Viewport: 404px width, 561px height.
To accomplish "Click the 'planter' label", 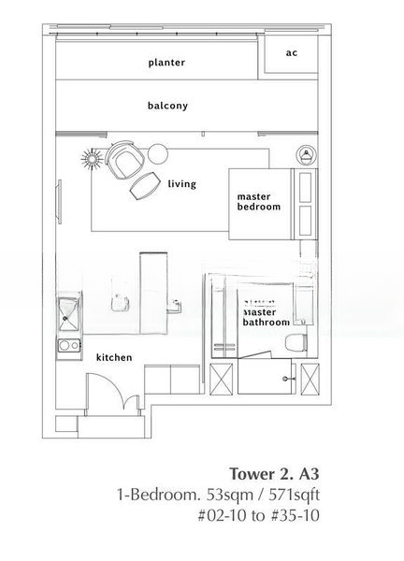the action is pos(166,63).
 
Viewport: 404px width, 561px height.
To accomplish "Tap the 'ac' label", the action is pos(292,53).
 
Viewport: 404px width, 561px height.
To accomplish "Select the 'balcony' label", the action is pos(167,106).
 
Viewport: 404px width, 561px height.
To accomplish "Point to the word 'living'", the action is pos(182,184).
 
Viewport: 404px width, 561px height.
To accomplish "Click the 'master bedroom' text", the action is pos(259,202).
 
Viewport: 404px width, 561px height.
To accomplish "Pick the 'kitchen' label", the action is pos(114,357).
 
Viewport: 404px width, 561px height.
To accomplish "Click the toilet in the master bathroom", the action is pos(296,343).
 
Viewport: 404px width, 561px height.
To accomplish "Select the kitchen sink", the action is pos(68,314).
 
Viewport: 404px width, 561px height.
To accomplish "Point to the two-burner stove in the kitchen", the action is pos(69,345).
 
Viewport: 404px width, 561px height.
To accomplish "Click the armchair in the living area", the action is pos(124,160).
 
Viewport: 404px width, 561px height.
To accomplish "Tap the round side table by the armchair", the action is pos(158,153).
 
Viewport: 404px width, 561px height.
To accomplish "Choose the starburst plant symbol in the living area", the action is pos(93,159).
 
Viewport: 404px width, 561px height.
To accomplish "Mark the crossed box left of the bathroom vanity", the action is pos(221,379).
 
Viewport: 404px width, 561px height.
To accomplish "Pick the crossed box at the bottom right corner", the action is pos(310,379).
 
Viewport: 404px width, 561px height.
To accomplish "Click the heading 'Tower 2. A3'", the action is pos(274,474).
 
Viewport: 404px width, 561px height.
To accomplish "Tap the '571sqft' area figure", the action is pos(295,496).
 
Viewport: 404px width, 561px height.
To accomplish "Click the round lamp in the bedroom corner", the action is pos(307,155).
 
